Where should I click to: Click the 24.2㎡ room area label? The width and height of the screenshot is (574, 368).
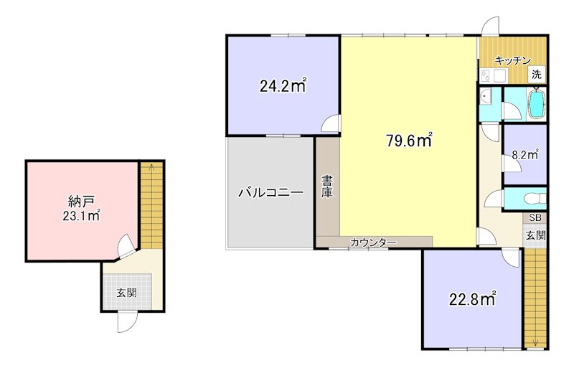(x=283, y=87)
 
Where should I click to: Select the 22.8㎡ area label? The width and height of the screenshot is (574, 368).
(x=473, y=298)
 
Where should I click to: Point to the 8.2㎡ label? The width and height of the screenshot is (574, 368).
(x=524, y=154)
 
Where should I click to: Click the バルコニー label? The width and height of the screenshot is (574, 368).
(x=270, y=192)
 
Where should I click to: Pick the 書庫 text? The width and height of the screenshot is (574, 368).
(x=327, y=187)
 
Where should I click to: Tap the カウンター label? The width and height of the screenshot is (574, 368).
(x=373, y=242)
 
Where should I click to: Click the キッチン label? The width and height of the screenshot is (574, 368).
(x=512, y=60)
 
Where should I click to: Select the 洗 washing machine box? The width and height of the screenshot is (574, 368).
(x=536, y=74)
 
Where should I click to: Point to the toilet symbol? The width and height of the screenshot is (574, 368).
(x=530, y=199)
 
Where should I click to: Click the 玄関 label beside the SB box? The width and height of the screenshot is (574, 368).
(x=535, y=235)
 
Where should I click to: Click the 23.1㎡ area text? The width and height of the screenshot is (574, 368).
(x=79, y=215)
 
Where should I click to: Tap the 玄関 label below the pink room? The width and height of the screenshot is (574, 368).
(x=127, y=292)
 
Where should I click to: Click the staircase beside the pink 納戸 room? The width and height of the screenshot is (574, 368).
(x=151, y=205)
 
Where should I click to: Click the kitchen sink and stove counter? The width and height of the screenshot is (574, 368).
(x=494, y=74)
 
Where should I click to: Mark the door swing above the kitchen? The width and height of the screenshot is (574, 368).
(x=490, y=26)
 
